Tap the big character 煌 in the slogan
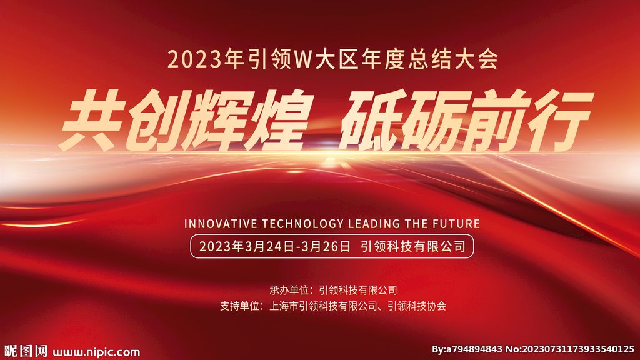click(277, 120)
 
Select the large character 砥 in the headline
click(371, 120)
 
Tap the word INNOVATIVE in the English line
click(221, 224)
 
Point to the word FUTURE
click(456, 224)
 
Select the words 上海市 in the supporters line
click(284, 306)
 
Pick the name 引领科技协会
click(417, 306)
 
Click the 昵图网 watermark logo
click(26, 351)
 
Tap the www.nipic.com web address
click(96, 352)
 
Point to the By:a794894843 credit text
click(467, 349)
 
